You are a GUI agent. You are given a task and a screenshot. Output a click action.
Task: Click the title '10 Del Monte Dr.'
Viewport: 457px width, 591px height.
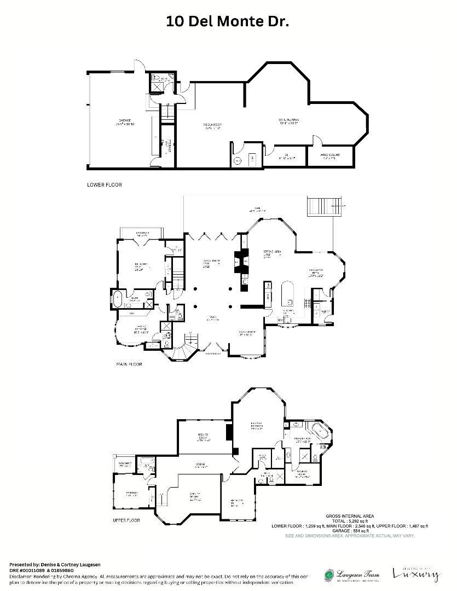(x=227, y=21)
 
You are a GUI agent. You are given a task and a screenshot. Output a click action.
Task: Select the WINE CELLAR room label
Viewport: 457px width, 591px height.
(x=331, y=156)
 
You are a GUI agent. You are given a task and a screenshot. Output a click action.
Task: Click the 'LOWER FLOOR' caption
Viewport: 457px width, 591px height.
(x=105, y=185)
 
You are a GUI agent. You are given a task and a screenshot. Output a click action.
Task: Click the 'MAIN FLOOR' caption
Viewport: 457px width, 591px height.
(x=129, y=364)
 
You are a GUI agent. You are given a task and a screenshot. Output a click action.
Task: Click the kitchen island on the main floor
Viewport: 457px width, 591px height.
(x=288, y=296)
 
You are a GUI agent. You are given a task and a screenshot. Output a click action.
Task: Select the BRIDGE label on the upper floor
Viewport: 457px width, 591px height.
(x=201, y=466)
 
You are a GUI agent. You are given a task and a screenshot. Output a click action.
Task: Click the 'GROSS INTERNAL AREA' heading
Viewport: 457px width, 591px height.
(x=350, y=515)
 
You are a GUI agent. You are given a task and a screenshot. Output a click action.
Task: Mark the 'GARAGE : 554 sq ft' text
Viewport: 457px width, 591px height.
(x=350, y=531)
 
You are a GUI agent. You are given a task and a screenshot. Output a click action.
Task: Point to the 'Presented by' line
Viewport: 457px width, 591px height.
(x=54, y=564)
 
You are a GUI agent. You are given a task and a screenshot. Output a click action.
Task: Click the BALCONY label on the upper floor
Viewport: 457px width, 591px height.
(x=125, y=465)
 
